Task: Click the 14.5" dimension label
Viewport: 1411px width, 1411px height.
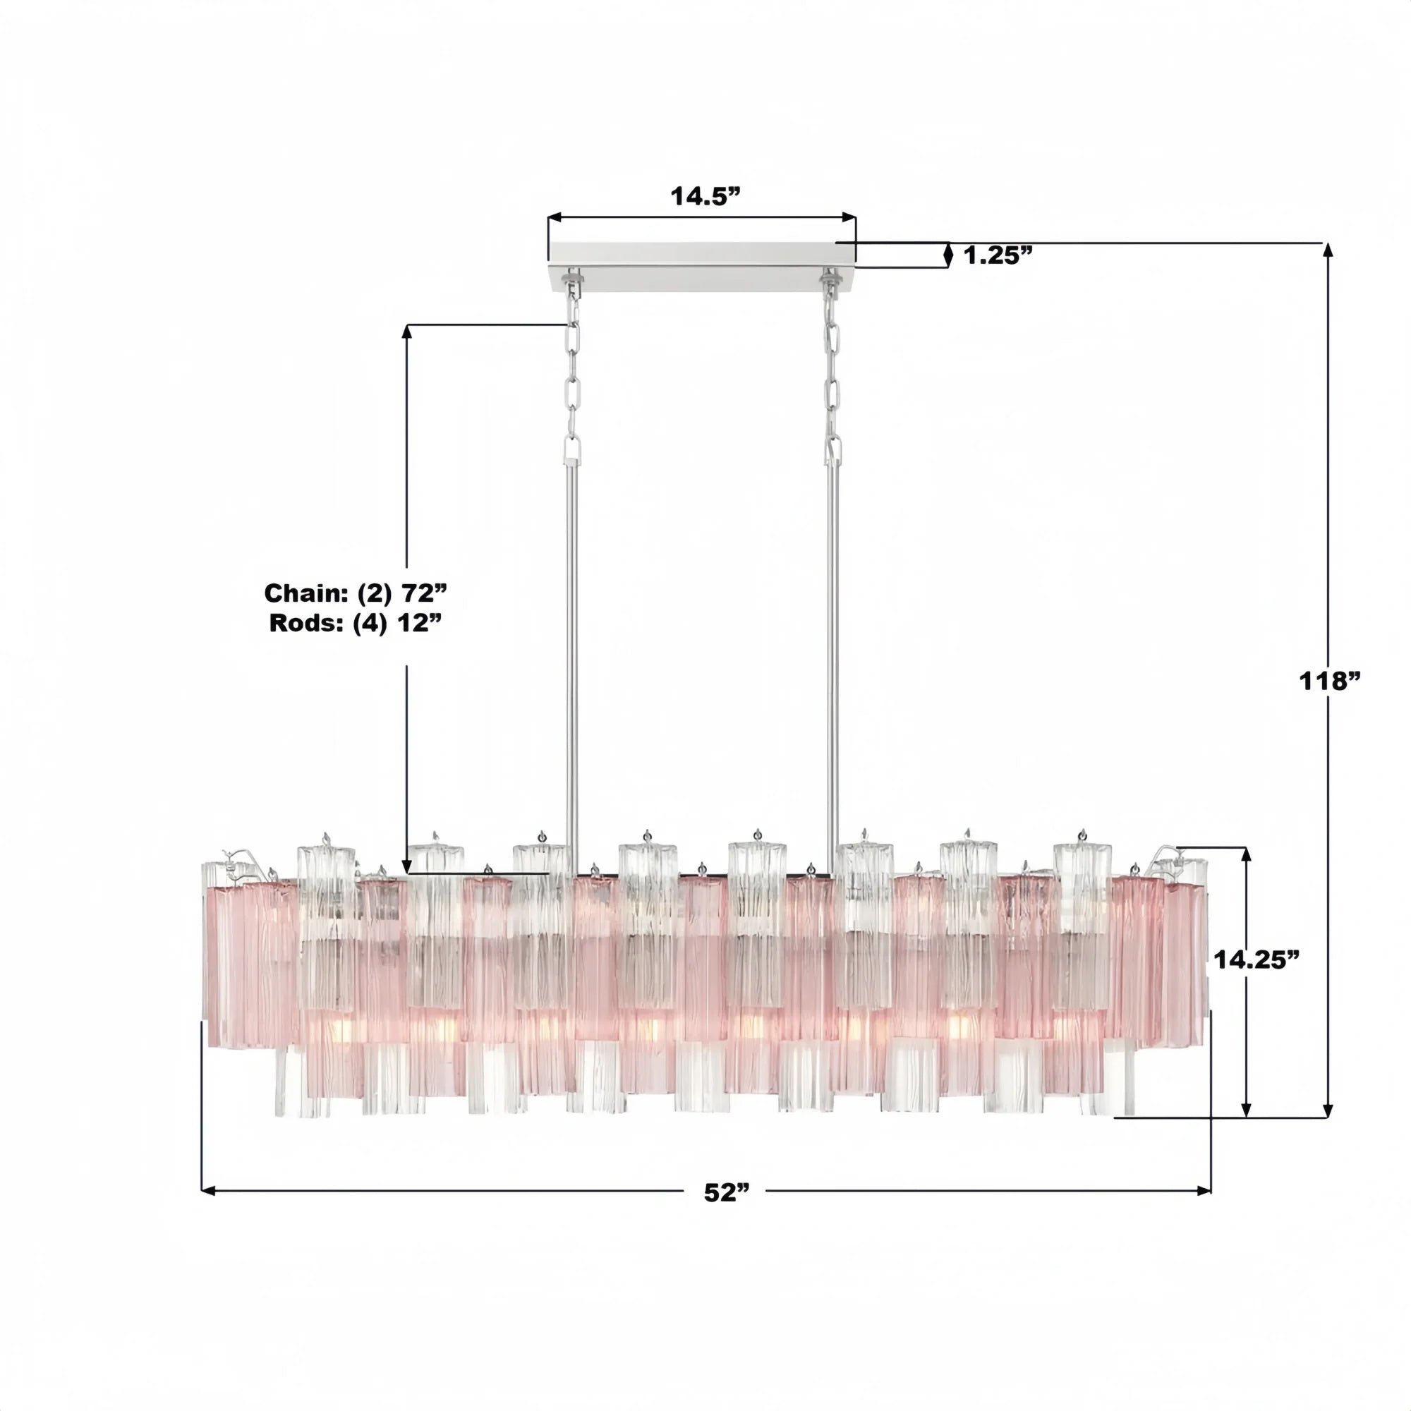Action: (705, 195)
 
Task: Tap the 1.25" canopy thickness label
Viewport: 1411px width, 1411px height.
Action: (998, 255)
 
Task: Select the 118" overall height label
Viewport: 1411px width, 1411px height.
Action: (1331, 681)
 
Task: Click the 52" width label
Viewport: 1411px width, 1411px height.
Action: (727, 1192)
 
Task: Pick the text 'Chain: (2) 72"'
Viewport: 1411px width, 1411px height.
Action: (355, 593)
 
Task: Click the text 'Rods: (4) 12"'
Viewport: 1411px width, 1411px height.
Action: (356, 623)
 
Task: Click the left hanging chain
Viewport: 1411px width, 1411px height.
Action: (574, 380)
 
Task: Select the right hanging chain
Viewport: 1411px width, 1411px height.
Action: (832, 380)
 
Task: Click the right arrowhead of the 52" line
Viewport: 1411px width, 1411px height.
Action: (1204, 1191)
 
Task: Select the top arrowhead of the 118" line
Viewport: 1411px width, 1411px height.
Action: (1328, 249)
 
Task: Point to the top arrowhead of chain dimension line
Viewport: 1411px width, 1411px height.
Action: (407, 331)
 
